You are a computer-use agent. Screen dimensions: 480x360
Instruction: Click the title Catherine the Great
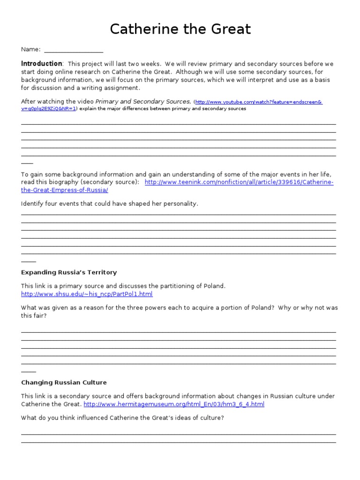coord(180,30)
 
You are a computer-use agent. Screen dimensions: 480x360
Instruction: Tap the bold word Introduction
coord(41,64)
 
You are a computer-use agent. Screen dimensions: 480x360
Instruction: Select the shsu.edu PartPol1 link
coord(87,294)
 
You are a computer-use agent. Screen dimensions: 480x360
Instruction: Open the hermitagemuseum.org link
coord(174,404)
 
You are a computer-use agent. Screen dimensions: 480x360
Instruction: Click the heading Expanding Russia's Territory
coord(69,272)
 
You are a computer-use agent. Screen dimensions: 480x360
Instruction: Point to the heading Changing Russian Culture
coord(64,382)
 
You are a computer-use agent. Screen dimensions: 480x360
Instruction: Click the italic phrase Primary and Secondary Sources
coord(143,101)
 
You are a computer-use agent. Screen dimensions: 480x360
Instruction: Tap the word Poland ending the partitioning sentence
coord(215,286)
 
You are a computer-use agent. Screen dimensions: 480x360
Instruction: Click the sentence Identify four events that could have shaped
coord(110,203)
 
